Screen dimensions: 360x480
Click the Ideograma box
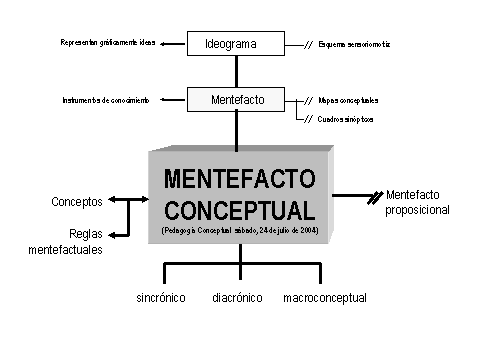click(237, 45)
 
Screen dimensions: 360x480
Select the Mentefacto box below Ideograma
click(237, 101)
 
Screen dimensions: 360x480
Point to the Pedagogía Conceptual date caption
click(238, 230)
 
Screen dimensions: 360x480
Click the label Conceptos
click(77, 202)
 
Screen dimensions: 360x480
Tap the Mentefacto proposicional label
click(417, 203)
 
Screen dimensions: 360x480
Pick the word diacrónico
click(237, 298)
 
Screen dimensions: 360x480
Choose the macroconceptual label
click(325, 298)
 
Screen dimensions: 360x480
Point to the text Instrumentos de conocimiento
click(105, 101)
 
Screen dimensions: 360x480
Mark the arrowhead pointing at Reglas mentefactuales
click(113, 235)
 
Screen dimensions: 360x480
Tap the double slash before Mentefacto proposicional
click(375, 197)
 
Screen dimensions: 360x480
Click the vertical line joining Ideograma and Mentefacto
click(237, 72)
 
